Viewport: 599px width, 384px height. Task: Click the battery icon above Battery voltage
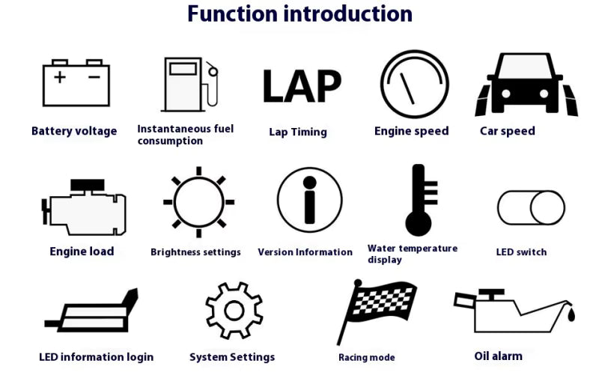coord(76,82)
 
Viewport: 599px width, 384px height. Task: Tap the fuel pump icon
coord(189,85)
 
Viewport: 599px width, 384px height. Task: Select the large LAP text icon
coord(302,86)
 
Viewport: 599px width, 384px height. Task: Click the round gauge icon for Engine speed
coord(414,84)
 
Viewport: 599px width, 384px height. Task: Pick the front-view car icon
coord(526,84)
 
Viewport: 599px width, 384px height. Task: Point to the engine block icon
coord(83,205)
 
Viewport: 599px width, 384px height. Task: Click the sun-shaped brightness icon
coord(198,202)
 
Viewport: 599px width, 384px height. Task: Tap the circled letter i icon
coord(309,201)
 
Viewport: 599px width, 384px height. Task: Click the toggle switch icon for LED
coord(531,207)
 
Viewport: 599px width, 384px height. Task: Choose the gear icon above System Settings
coord(234,310)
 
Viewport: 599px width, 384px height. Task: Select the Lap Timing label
coord(298,132)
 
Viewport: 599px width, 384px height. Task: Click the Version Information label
coord(305,252)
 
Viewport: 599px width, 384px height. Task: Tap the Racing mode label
coord(366,358)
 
